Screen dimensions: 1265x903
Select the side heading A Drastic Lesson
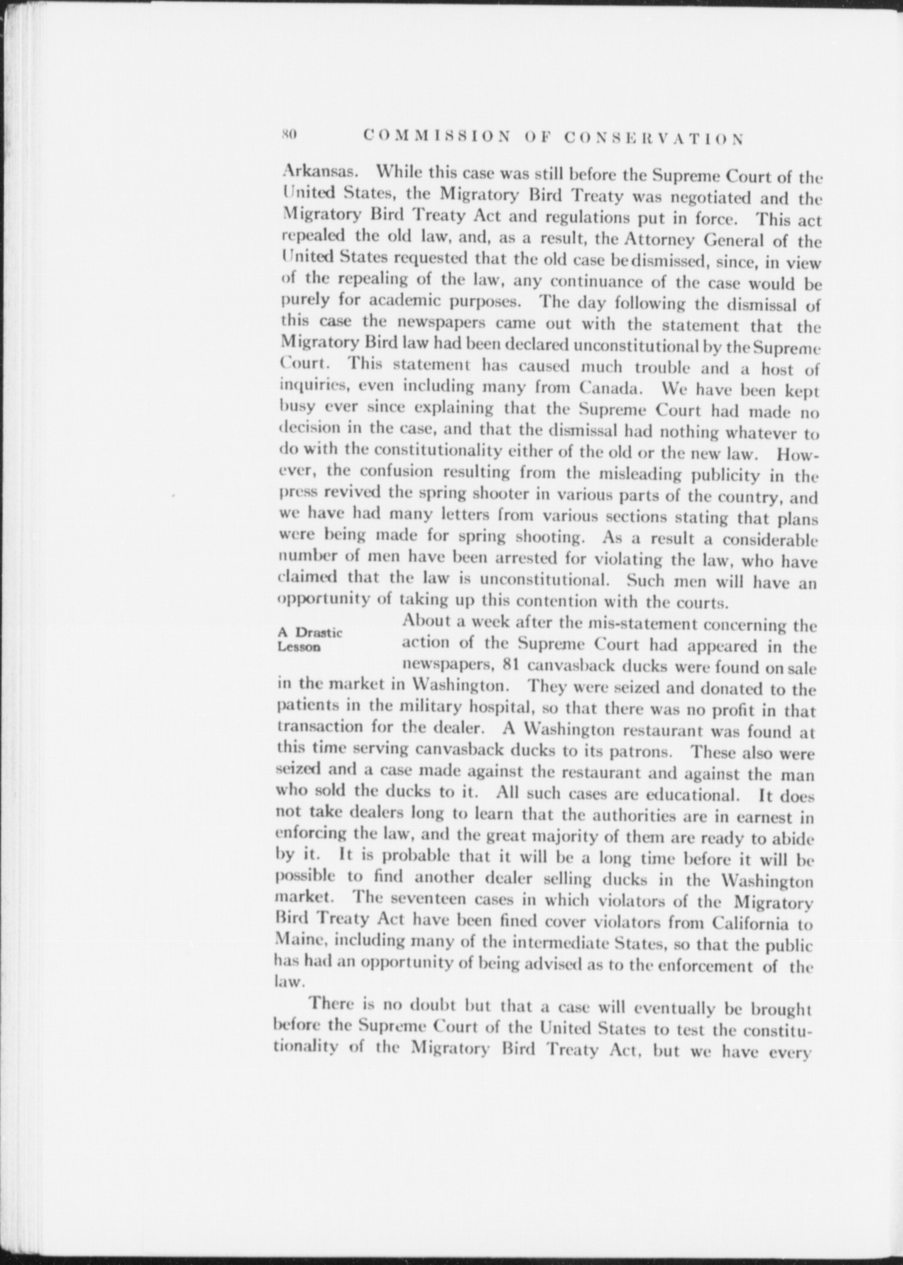(x=310, y=639)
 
